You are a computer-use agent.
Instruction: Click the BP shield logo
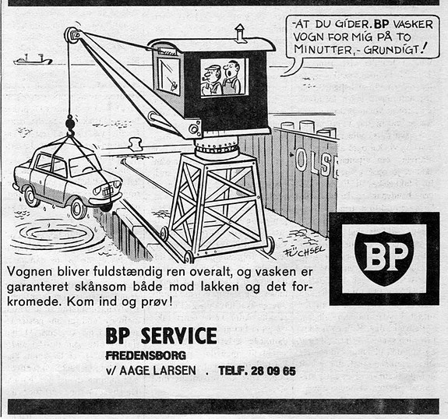[x=384, y=258]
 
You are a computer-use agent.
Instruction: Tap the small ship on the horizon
[x=33, y=59]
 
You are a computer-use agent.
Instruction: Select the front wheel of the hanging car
[x=78, y=208]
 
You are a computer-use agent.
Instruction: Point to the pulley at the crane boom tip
[x=72, y=35]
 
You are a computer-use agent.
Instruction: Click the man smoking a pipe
[x=212, y=80]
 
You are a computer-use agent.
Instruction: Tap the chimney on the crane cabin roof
[x=240, y=33]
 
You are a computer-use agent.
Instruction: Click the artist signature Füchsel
[x=303, y=251]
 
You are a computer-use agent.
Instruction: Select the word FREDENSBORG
[x=146, y=356]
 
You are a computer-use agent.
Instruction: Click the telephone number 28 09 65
[x=273, y=371]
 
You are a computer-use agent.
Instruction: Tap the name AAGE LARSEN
[x=157, y=371]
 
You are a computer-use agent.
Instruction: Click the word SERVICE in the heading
[x=179, y=336]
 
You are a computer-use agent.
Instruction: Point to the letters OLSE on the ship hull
[x=316, y=163]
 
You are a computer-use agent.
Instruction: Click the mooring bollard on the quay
[x=134, y=144]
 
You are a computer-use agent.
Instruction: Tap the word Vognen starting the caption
[x=30, y=273]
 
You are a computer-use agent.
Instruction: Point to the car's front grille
[x=108, y=191]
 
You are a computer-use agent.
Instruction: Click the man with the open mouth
[x=232, y=77]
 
